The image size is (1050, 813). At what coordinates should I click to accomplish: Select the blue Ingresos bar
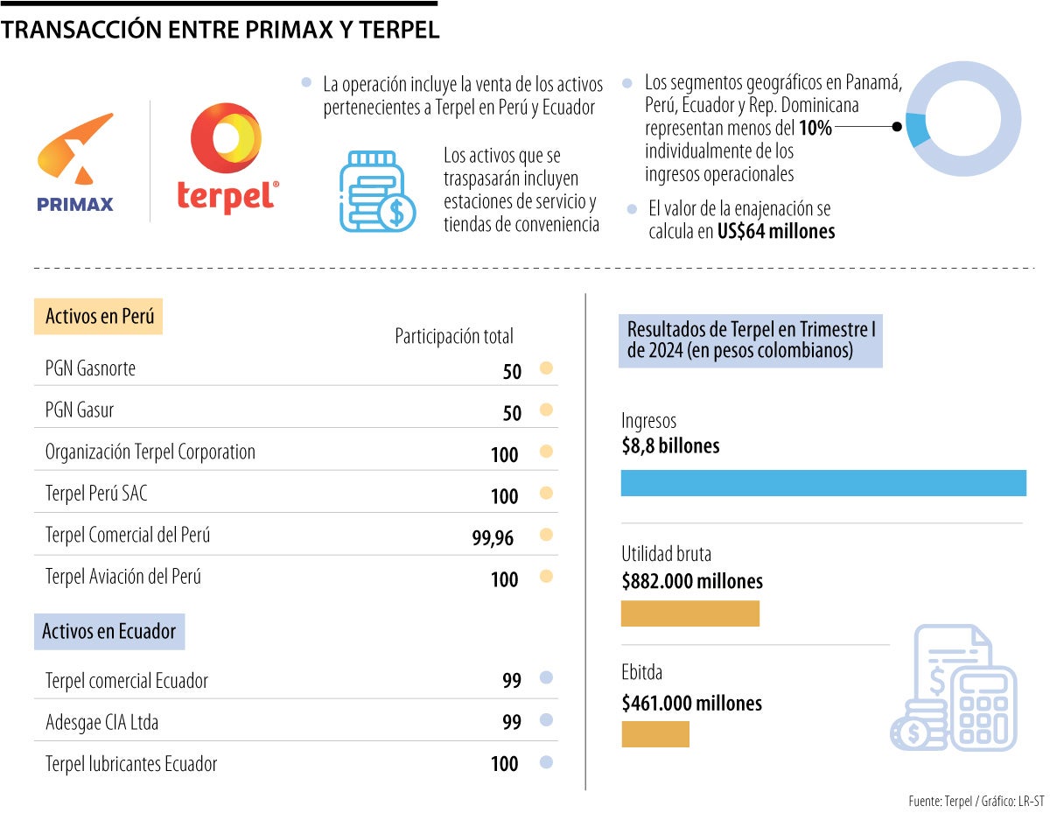click(822, 483)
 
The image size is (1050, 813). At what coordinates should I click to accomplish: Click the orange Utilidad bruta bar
click(689, 613)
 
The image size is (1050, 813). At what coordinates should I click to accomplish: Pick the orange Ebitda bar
click(654, 733)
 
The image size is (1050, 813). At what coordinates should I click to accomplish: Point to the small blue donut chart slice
click(917, 130)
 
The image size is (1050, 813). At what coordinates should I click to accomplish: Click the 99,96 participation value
click(493, 537)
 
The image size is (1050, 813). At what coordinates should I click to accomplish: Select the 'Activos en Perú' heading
click(99, 316)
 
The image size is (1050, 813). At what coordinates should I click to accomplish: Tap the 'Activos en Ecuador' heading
click(109, 631)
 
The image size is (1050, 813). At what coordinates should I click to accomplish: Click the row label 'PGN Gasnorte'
click(90, 368)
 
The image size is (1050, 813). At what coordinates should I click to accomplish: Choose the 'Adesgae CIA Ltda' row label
click(101, 723)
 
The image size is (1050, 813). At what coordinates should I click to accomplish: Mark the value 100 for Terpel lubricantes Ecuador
click(504, 764)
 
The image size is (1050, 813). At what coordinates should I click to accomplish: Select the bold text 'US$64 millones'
click(775, 232)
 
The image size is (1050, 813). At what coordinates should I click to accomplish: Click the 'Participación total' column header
click(454, 336)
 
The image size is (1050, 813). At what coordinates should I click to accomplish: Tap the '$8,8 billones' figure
click(670, 446)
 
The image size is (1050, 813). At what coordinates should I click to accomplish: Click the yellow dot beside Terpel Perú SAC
click(547, 493)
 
